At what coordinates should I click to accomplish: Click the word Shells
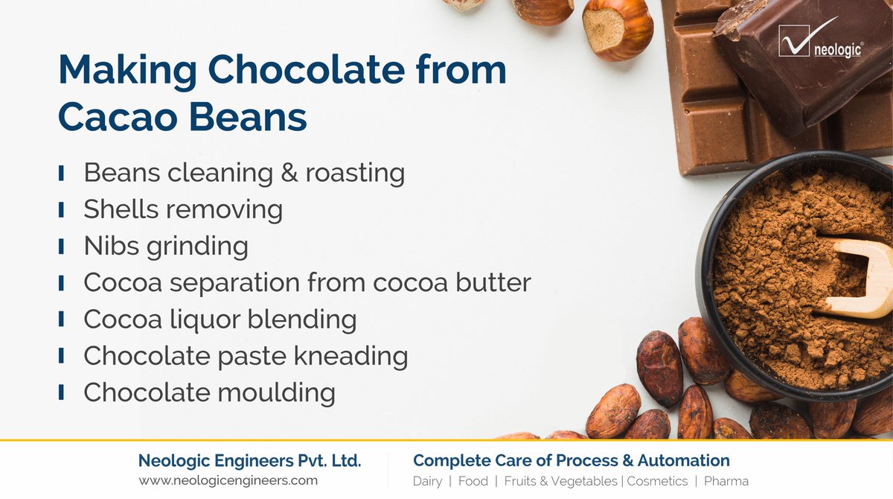[119, 209]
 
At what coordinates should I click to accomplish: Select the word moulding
[275, 392]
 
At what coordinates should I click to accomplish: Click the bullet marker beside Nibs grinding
[60, 246]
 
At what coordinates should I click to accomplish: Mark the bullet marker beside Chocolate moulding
[60, 392]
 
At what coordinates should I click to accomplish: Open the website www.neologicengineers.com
[228, 480]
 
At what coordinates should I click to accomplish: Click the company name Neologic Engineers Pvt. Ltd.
[249, 461]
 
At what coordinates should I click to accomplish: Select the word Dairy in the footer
[427, 481]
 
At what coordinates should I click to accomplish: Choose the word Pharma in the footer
[726, 481]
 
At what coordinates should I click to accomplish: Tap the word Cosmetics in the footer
[657, 481]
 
